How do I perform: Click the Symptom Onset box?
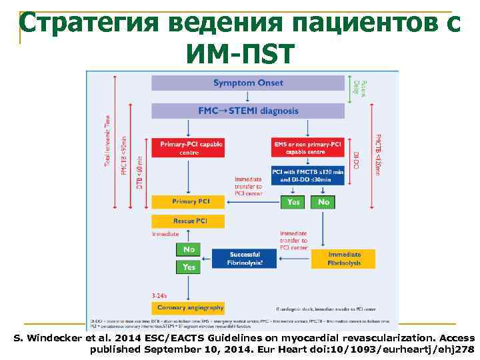[248, 83]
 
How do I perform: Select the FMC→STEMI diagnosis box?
[248, 111]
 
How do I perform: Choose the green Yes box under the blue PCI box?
[293, 201]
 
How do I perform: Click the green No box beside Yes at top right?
[323, 201]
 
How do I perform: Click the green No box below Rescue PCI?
[189, 249]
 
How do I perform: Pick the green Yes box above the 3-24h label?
[189, 267]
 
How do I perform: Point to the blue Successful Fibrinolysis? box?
[245, 259]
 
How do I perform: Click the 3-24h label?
[160, 294]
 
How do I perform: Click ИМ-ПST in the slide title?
[240, 53]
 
